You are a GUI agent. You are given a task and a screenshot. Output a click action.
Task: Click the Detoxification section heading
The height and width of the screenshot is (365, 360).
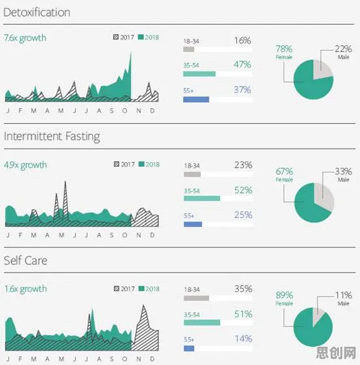pyautogui.click(x=37, y=12)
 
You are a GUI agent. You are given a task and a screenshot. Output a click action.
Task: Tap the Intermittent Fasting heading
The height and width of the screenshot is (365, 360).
pyautogui.click(x=52, y=137)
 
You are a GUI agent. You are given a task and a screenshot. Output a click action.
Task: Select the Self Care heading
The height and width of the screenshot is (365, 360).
pyautogui.click(x=26, y=261)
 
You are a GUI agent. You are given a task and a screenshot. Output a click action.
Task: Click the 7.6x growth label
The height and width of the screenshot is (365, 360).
pyautogui.click(x=25, y=38)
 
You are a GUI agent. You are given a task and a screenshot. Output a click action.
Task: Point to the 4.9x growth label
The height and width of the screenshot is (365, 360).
pyautogui.click(x=26, y=165)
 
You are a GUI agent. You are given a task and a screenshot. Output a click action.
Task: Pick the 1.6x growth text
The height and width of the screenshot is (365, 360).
pyautogui.click(x=26, y=289)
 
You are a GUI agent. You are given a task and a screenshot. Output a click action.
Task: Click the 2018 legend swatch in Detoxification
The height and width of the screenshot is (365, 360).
pyautogui.click(x=141, y=37)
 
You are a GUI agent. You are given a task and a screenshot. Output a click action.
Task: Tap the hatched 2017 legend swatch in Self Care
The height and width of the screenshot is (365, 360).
pyautogui.click(x=117, y=288)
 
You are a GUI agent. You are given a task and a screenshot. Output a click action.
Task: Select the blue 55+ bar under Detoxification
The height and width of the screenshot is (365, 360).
pyautogui.click(x=196, y=100)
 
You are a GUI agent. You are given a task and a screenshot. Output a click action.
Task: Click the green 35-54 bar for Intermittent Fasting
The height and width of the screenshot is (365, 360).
pyautogui.click(x=202, y=199)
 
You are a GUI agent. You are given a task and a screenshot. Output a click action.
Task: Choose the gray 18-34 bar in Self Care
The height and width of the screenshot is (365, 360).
pyautogui.click(x=196, y=298)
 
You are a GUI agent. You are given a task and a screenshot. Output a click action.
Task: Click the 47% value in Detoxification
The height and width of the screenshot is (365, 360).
pyautogui.click(x=242, y=64)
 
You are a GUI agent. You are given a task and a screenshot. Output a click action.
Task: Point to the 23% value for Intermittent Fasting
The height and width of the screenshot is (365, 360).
pyautogui.click(x=243, y=165)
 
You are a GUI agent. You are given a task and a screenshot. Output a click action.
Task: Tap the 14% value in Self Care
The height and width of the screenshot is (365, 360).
pyautogui.click(x=243, y=339)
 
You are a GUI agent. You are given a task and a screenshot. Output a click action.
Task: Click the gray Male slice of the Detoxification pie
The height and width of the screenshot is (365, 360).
pyautogui.click(x=321, y=69)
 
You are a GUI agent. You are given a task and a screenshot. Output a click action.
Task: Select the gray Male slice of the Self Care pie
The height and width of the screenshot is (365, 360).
pyautogui.click(x=317, y=315)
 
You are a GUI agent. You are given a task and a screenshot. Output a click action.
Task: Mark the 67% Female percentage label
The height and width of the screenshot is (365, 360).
pyautogui.click(x=284, y=172)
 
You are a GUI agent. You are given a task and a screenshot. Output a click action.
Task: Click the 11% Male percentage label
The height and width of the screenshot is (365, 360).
pyautogui.click(x=343, y=295)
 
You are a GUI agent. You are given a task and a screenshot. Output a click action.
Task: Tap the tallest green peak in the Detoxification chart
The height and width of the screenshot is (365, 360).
pyautogui.click(x=131, y=52)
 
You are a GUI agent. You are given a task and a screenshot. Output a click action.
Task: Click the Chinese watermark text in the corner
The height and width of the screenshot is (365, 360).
pyautogui.click(x=336, y=353)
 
